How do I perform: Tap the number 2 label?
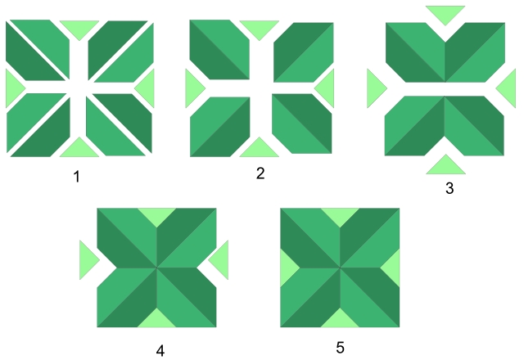[261, 173]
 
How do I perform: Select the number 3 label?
[449, 187]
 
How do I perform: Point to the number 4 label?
[160, 350]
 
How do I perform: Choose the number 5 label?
[340, 347]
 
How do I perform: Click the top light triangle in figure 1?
[79, 28]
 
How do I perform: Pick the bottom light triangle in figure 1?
[79, 149]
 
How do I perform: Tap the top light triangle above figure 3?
[445, 12]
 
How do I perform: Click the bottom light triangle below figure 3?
[446, 166]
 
